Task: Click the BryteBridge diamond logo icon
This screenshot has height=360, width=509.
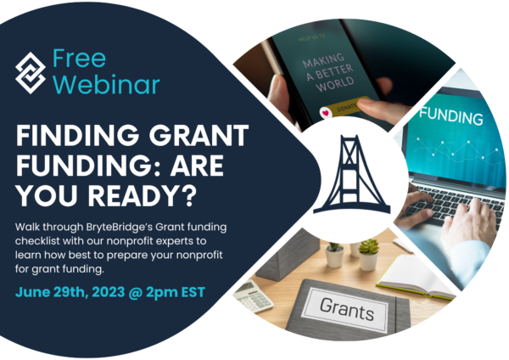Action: click(32, 70)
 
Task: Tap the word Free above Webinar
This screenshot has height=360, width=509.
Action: click(81, 57)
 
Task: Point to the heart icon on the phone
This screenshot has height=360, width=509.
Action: click(325, 111)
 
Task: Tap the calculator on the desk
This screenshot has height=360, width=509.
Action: click(254, 295)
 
